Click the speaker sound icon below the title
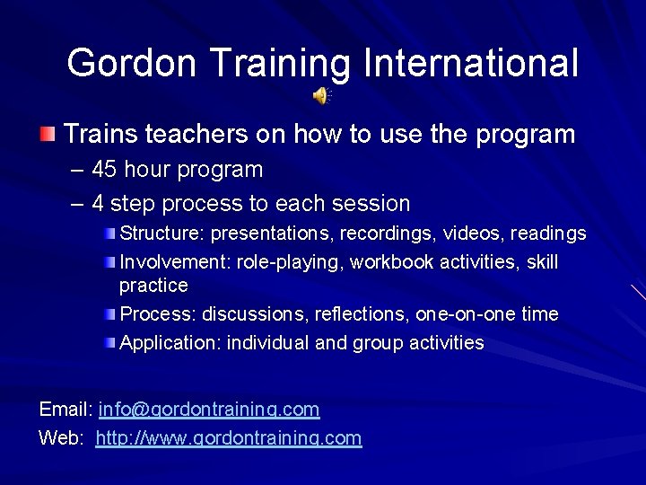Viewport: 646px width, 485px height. pyautogui.click(x=321, y=94)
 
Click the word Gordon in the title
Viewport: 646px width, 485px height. pyautogui.click(x=131, y=63)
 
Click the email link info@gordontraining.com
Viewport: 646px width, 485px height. pyautogui.click(x=209, y=410)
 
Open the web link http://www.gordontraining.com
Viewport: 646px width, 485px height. pyautogui.click(x=228, y=438)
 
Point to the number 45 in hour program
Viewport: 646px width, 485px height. pyautogui.click(x=105, y=170)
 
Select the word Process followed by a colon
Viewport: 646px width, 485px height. pyautogui.click(x=158, y=314)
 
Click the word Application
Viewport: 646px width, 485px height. pyautogui.click(x=170, y=342)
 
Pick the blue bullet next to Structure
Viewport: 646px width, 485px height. pyautogui.click(x=109, y=234)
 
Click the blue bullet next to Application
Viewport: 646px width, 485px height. pyautogui.click(x=109, y=343)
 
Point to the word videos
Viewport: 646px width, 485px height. pyautogui.click(x=476, y=234)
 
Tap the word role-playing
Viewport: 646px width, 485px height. pyautogui.click(x=300, y=262)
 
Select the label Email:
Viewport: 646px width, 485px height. pyautogui.click(x=66, y=410)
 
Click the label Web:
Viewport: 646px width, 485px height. pyautogui.click(x=62, y=438)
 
